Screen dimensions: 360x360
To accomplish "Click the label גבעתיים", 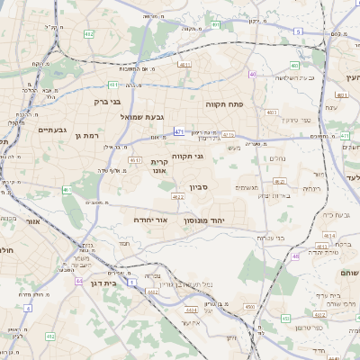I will (50, 130).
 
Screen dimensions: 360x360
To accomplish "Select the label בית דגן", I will (104, 283).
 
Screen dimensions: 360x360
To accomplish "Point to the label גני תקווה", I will (186, 157).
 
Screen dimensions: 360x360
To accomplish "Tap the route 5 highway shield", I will (298, 31).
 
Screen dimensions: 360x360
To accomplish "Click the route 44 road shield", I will (79, 282).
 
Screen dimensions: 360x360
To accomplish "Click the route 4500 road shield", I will (247, 308).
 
